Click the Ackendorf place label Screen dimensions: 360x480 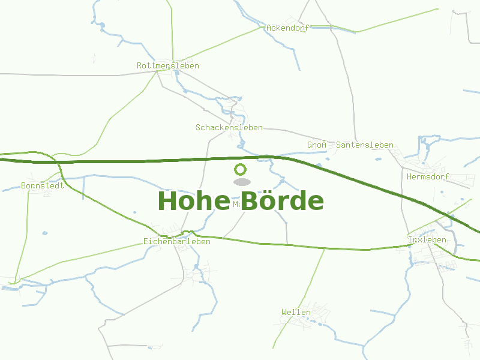click(x=287, y=28)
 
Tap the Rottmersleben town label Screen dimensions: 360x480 click(x=168, y=65)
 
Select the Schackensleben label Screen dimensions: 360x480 click(x=229, y=127)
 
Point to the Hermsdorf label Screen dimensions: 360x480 click(x=428, y=177)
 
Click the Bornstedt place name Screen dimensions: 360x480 click(x=43, y=185)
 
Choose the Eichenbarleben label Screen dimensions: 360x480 click(x=177, y=241)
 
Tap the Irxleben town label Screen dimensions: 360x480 click(x=427, y=239)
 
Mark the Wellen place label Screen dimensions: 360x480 click(x=296, y=312)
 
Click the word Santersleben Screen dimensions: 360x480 click(x=365, y=145)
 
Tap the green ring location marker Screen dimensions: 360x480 click(x=240, y=169)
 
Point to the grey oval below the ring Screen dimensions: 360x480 click(x=241, y=182)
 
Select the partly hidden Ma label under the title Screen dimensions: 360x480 click(x=236, y=205)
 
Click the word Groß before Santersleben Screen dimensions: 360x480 click(x=317, y=145)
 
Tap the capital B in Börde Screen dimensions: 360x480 click(x=250, y=201)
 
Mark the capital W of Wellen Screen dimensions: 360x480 click(x=284, y=312)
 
